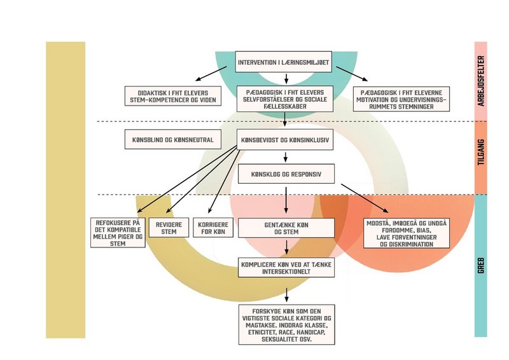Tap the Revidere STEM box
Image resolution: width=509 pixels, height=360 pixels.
click(169, 228)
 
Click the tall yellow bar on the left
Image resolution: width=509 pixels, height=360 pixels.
click(65, 190)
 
